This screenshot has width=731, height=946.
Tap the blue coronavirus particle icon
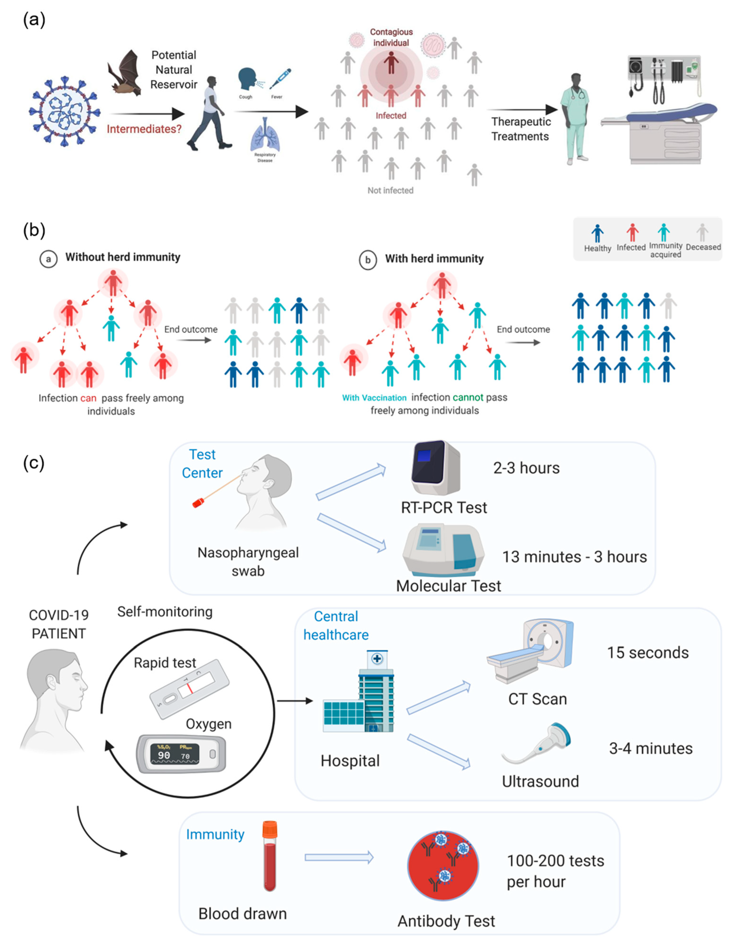click(x=65, y=112)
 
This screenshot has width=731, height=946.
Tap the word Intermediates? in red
click(x=144, y=129)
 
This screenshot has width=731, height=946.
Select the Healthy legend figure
click(x=598, y=234)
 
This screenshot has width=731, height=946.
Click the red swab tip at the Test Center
click(x=198, y=503)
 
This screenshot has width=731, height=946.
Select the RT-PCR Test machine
click(x=435, y=468)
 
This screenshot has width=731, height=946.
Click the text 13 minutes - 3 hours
click(x=574, y=556)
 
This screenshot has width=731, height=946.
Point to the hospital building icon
click(x=359, y=693)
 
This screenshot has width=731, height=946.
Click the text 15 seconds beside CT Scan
click(x=647, y=653)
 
